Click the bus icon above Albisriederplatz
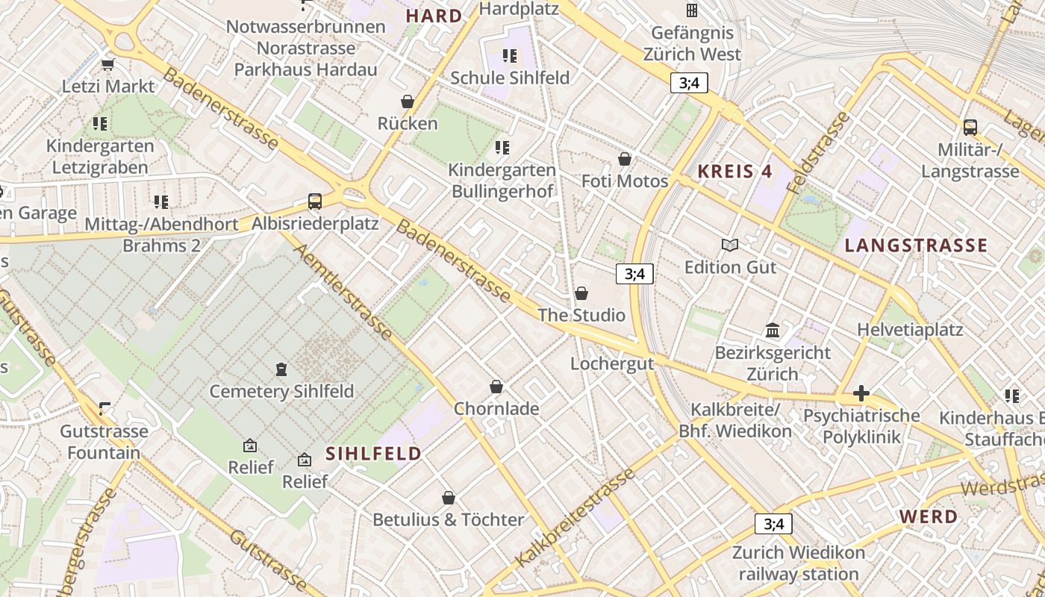tap(315, 201)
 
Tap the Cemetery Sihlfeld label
tap(281, 391)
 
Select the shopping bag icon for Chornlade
tap(496, 387)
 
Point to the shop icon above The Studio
tap(581, 293)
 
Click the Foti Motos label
tap(625, 181)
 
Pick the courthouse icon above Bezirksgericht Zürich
tap(773, 330)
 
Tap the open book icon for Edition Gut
tap(730, 246)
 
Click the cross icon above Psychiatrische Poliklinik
tap(861, 393)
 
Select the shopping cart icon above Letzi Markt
tap(108, 64)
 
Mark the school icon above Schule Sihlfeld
tap(510, 56)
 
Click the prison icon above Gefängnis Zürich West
tap(692, 10)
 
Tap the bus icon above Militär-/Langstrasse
tap(970, 128)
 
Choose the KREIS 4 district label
tap(734, 171)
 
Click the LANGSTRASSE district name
tap(916, 246)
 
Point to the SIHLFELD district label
tap(373, 453)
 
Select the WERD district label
tap(928, 516)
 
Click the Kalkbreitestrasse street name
tap(575, 516)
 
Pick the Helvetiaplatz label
tap(910, 329)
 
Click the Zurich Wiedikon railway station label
tap(799, 563)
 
